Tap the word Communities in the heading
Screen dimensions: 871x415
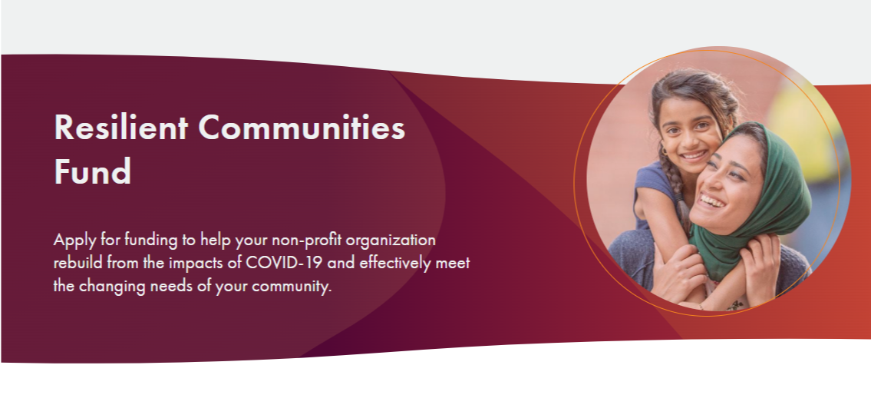302,128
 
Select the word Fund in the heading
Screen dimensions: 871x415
93,171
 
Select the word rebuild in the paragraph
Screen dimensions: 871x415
78,263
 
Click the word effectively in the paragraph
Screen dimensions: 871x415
395,263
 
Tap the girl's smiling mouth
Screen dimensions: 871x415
694,156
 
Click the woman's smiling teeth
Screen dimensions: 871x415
711,201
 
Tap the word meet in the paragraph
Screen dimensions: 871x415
453,263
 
